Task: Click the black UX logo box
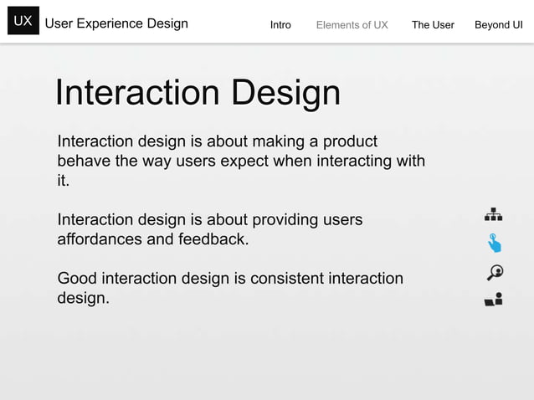(23, 23)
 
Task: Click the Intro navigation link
(280, 25)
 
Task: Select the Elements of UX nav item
(352, 25)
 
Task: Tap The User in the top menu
(433, 25)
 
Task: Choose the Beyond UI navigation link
(498, 25)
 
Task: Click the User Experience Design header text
(116, 23)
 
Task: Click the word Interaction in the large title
(138, 93)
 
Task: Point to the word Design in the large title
(285, 93)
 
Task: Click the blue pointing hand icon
(494, 243)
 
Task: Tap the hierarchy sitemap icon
(494, 214)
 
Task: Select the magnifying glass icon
(494, 272)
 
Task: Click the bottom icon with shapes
(494, 300)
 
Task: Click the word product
(350, 141)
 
